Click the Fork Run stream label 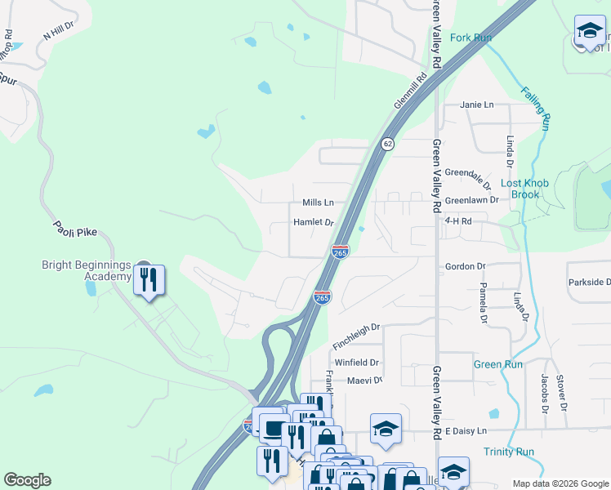[x=471, y=38]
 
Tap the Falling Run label [x=535, y=109]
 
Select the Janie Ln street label [x=478, y=105]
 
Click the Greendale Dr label [x=468, y=178]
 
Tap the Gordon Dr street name [x=466, y=266]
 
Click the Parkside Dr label [x=589, y=283]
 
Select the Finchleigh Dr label [x=358, y=327]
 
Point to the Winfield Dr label [x=357, y=362]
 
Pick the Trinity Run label [x=508, y=452]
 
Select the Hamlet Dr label [x=314, y=223]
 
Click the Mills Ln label [x=318, y=203]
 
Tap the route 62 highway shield [x=387, y=144]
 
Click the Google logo [x=27, y=480]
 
